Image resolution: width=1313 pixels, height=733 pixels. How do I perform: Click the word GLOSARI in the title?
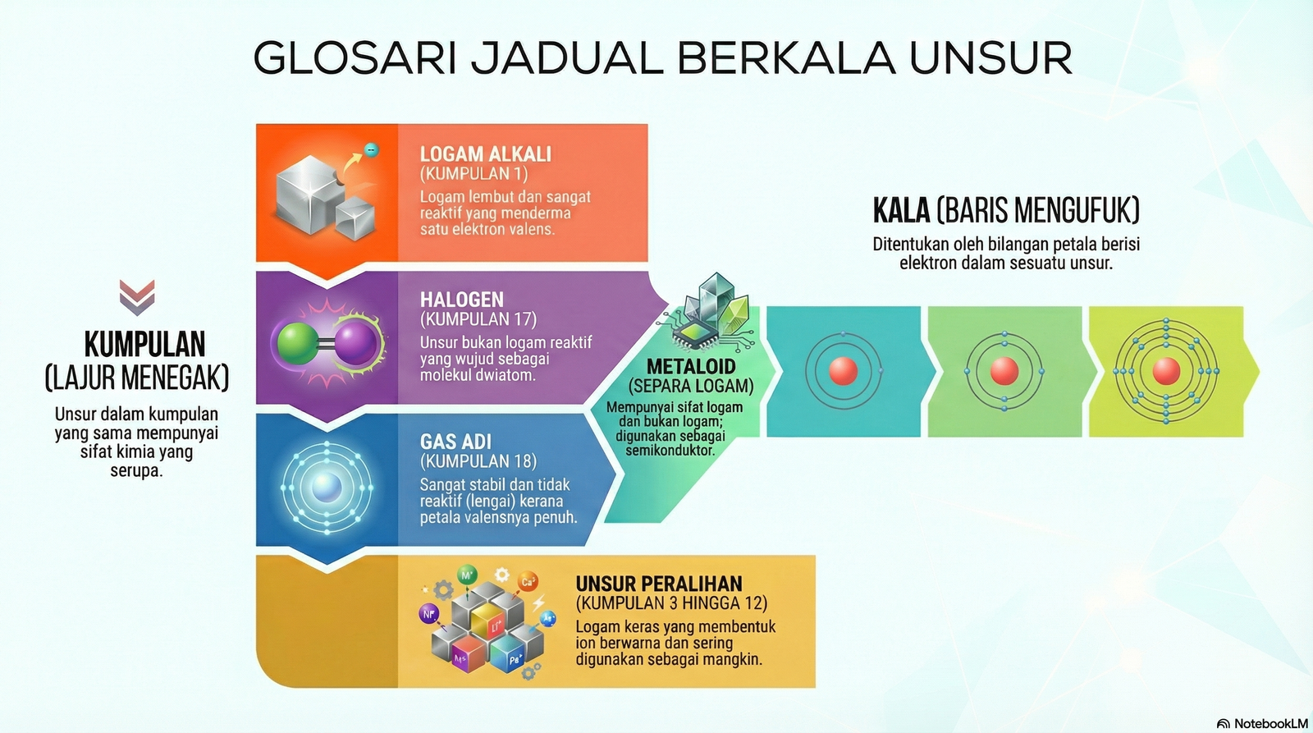[355, 58]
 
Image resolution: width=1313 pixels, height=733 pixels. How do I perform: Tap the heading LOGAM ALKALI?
[485, 154]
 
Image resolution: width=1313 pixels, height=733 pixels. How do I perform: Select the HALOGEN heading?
[462, 300]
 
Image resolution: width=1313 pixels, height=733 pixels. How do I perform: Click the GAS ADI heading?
[455, 442]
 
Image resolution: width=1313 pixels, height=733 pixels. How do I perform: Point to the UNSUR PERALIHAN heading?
[659, 584]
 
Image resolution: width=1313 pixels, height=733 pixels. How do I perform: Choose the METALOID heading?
[691, 366]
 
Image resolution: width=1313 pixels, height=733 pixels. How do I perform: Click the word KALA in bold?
[901, 210]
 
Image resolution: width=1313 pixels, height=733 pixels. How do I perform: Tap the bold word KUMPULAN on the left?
[144, 344]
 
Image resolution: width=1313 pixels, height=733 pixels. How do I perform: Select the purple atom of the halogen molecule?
[355, 344]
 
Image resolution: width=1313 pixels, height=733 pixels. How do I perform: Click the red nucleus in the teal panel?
[844, 371]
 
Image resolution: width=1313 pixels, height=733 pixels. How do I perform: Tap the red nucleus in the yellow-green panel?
[1166, 371]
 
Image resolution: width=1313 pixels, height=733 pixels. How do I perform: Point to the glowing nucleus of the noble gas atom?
[327, 488]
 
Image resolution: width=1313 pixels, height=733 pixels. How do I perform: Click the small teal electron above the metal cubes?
[371, 150]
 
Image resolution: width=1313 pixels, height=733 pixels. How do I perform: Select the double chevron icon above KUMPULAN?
[137, 297]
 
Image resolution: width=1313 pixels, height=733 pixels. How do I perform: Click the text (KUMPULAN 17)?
[478, 319]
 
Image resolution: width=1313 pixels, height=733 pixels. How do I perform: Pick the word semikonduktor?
[670, 451]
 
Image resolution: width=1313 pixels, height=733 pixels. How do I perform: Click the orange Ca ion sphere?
[528, 582]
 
